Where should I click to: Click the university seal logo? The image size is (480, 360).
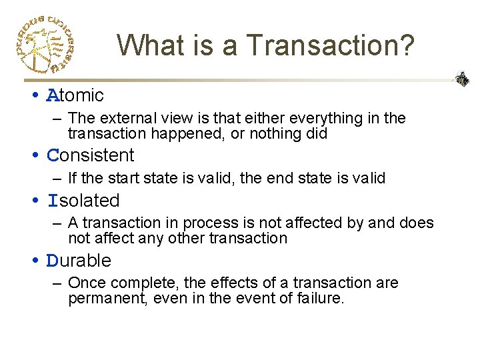44,43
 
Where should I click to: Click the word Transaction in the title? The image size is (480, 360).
330,45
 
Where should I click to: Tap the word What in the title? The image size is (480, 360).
151,45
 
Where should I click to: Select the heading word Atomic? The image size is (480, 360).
75,95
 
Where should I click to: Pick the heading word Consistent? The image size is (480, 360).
91,155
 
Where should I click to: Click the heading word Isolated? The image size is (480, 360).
83,201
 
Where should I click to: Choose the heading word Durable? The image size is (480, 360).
79,261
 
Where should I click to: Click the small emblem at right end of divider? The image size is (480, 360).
462,79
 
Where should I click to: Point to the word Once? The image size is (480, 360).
83,283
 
